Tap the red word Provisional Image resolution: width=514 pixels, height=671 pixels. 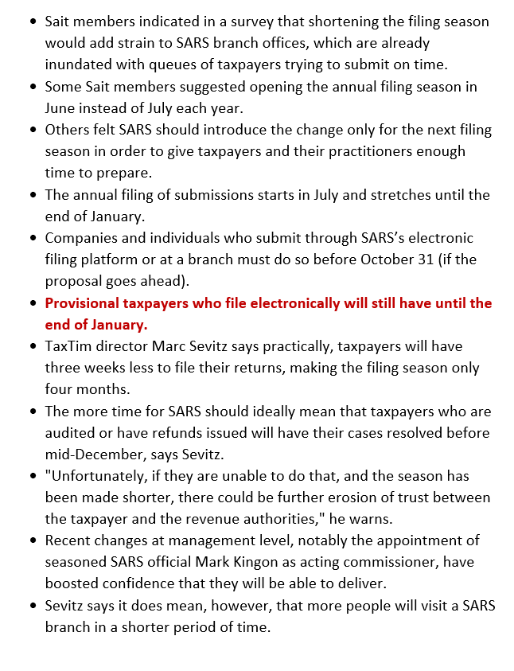pyautogui.click(x=85, y=303)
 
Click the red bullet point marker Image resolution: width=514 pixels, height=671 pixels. pyautogui.click(x=32, y=303)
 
